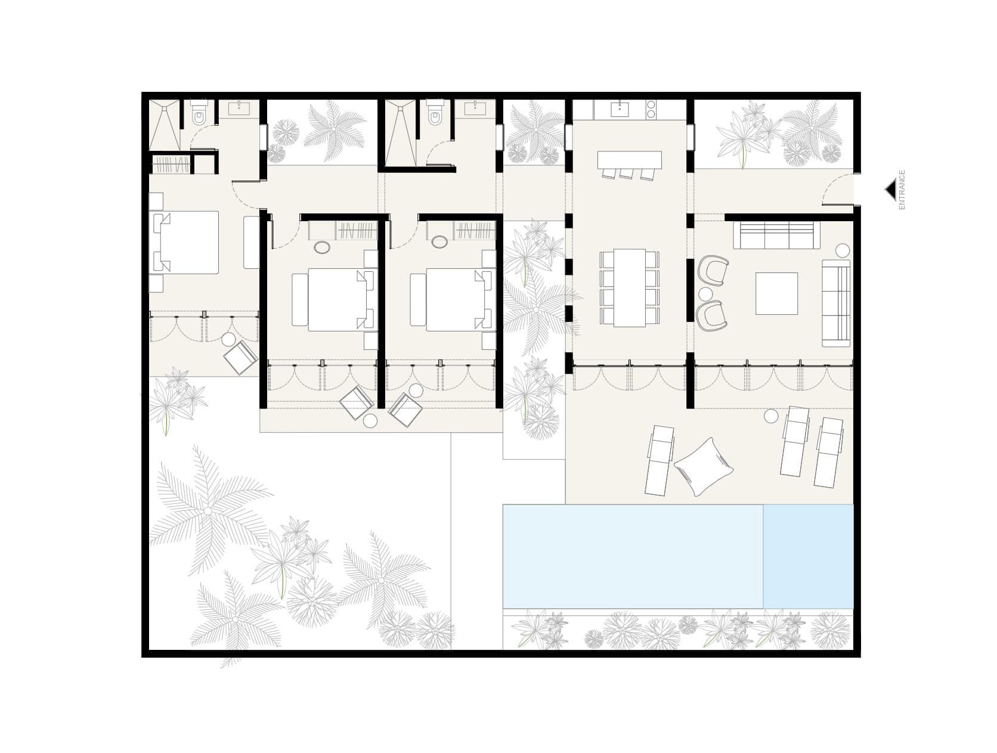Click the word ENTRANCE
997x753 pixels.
902,190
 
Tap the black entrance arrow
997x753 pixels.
890,190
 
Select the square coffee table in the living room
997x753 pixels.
776,293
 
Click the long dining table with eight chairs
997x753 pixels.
629,287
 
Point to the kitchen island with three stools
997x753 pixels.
629,159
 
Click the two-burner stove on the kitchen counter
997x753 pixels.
651,109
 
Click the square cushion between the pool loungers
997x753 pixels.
704,466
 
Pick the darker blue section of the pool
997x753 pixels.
808,556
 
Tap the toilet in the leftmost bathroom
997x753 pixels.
199,115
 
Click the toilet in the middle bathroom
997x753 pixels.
435,115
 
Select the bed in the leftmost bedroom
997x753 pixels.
186,242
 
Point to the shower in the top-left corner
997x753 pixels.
164,125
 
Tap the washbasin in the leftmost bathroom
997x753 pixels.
243,108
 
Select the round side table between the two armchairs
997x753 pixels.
705,294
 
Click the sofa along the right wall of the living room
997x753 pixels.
836,303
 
